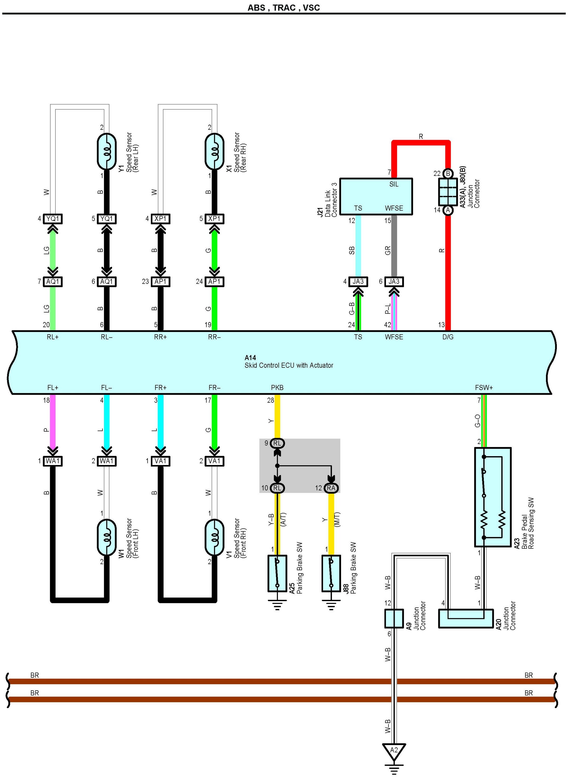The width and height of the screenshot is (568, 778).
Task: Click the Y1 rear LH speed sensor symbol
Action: click(107, 151)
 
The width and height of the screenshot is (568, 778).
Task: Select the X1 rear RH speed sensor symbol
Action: click(214, 151)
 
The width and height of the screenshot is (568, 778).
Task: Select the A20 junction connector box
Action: click(466, 619)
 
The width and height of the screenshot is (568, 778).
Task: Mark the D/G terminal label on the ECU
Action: click(448, 337)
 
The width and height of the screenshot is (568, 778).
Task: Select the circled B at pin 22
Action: click(448, 173)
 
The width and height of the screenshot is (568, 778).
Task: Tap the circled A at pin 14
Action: click(448, 210)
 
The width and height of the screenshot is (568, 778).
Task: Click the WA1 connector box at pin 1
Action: click(53, 461)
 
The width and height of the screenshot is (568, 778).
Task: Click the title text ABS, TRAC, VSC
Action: click(284, 8)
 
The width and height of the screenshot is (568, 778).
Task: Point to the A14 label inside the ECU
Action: click(250, 357)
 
